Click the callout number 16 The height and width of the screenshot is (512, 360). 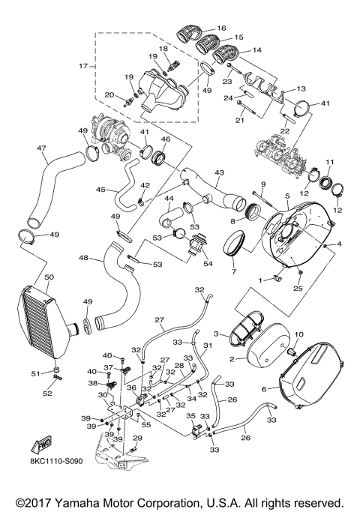point(220,28)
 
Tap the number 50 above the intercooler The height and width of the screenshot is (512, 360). point(49,277)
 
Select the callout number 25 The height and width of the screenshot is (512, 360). point(298,287)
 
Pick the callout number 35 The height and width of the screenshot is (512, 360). point(190,415)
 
